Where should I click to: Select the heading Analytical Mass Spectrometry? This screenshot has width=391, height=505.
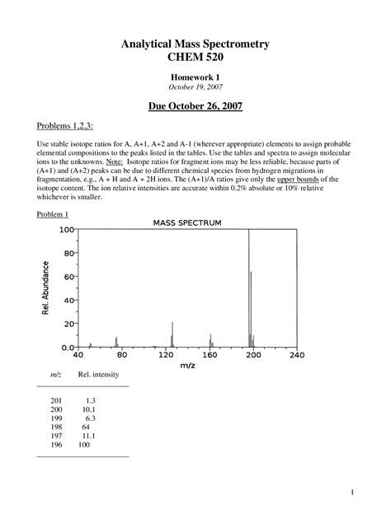pyautogui.click(x=195, y=42)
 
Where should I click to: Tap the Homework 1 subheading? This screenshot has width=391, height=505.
pyautogui.click(x=195, y=76)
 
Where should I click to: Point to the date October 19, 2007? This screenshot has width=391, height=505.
pyautogui.click(x=195, y=87)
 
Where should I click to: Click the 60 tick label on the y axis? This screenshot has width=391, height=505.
pyautogui.click(x=68, y=278)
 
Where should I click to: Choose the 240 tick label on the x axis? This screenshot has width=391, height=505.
pyautogui.click(x=297, y=355)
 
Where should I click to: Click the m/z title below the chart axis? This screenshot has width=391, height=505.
pyautogui.click(x=188, y=367)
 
